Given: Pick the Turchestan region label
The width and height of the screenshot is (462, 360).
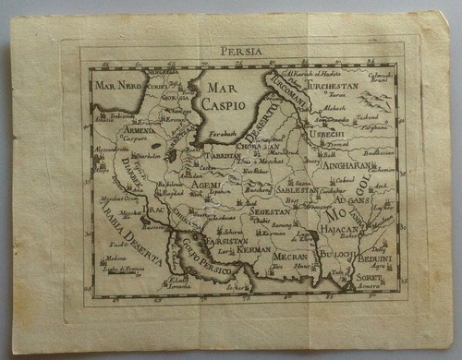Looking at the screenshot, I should [x=346, y=85].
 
